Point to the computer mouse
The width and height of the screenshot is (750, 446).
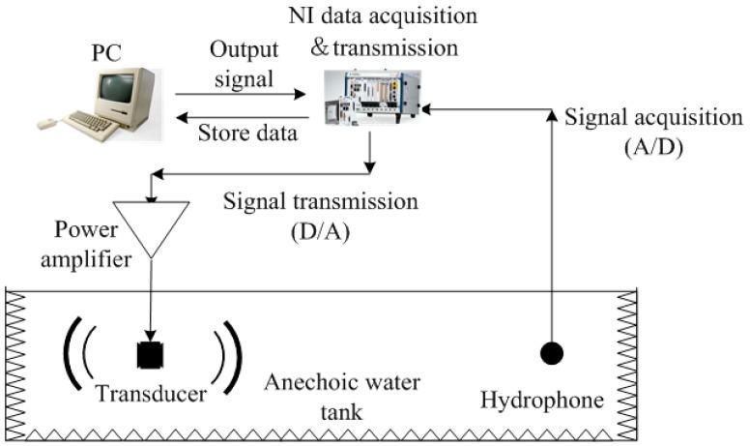pos(46,124)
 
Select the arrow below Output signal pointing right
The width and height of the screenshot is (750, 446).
pos(242,94)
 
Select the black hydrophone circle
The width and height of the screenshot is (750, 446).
pos(551,354)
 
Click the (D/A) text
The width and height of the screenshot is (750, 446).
pos(320,233)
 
